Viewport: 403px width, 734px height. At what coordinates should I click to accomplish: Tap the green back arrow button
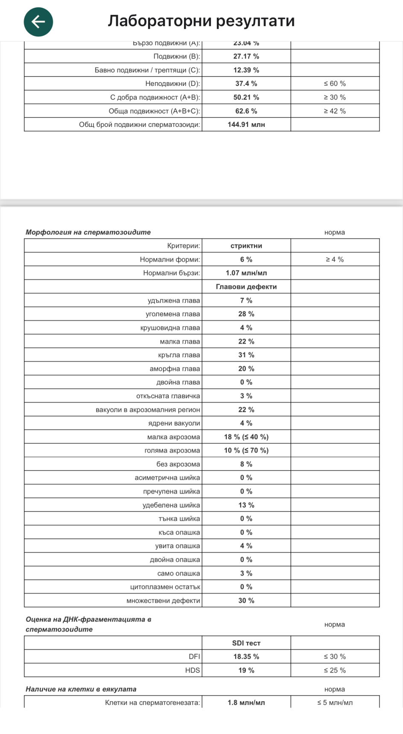(x=38, y=22)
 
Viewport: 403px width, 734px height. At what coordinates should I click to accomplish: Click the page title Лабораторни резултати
(x=201, y=21)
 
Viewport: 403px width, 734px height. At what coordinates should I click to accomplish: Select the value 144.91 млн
(x=246, y=125)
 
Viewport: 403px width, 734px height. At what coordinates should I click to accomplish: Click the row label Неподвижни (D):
(x=172, y=84)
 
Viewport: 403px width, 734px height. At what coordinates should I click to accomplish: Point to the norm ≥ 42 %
(x=335, y=111)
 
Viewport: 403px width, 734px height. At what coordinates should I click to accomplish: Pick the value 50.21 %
(x=246, y=97)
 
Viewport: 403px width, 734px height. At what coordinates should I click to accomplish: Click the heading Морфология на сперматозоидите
(x=88, y=232)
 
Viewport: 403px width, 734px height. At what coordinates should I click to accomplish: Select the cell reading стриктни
(x=246, y=246)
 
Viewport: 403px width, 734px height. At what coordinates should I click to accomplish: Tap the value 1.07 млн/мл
(x=246, y=273)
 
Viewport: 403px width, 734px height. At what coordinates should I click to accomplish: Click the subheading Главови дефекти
(x=246, y=287)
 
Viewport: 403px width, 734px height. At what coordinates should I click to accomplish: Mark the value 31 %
(x=246, y=355)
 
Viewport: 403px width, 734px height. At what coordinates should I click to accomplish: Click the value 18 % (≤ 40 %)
(x=246, y=437)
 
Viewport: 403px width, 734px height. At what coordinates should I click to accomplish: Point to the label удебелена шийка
(x=171, y=505)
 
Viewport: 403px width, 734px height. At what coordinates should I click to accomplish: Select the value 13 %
(x=246, y=505)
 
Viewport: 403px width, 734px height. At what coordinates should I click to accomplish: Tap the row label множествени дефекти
(x=163, y=601)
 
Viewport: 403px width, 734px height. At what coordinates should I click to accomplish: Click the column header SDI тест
(x=246, y=643)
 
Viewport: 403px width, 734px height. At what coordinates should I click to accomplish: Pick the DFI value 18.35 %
(x=246, y=657)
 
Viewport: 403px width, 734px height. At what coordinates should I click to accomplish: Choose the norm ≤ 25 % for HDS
(x=335, y=670)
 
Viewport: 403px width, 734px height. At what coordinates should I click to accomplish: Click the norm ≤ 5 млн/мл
(x=335, y=703)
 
